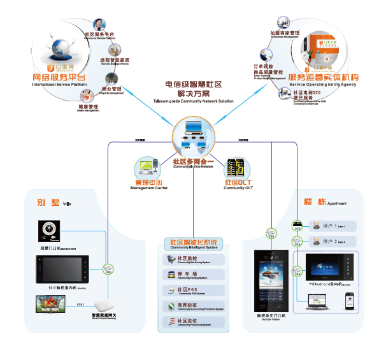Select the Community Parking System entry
tap(194, 275)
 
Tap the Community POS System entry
tap(194, 291)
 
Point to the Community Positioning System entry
tap(194, 322)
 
